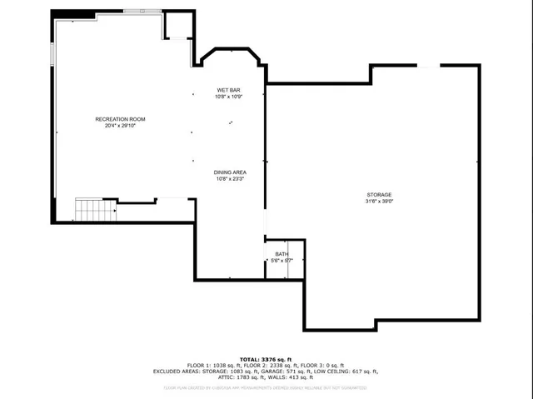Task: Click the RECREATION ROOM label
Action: pyautogui.click(x=120, y=119)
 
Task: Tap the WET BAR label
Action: pyautogui.click(x=229, y=89)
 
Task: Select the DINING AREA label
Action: pyautogui.click(x=229, y=172)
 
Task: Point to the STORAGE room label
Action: pyautogui.click(x=378, y=194)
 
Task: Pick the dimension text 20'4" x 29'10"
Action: pyautogui.click(x=120, y=126)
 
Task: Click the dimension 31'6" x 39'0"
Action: pyautogui.click(x=378, y=201)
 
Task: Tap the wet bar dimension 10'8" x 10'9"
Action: pyautogui.click(x=229, y=96)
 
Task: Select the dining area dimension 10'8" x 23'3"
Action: pyautogui.click(x=229, y=178)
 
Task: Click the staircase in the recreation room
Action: pyautogui.click(x=94, y=209)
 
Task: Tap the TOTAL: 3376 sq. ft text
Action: pyautogui.click(x=266, y=358)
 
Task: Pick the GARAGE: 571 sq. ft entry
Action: pyautogui.click(x=280, y=371)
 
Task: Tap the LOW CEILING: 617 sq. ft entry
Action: pyautogui.click(x=344, y=371)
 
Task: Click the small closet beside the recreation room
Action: pyautogui.click(x=177, y=27)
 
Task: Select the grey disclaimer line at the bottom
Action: pyautogui.click(x=266, y=387)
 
